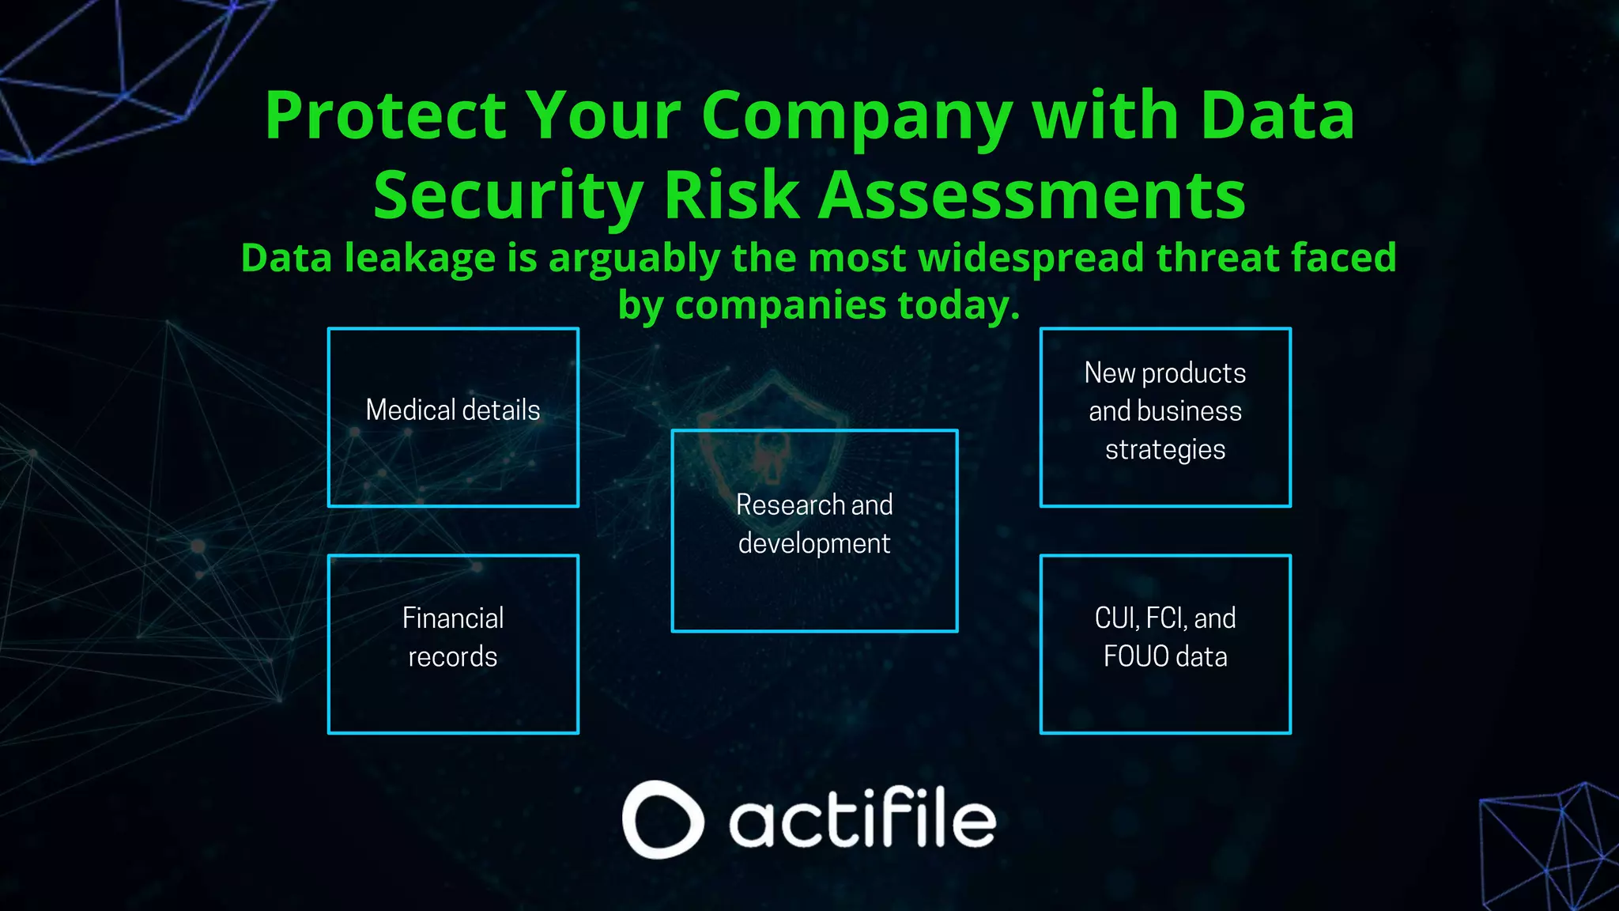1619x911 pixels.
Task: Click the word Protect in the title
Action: point(385,115)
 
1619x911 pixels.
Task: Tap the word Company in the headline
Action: point(856,117)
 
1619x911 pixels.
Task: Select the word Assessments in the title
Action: point(1032,195)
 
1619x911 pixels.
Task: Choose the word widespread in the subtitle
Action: point(1031,259)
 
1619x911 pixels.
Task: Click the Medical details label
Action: point(453,410)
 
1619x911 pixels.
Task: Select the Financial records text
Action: point(453,637)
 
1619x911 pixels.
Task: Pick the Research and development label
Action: point(814,524)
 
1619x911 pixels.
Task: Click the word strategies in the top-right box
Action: point(1165,450)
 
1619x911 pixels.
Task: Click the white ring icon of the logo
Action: point(662,819)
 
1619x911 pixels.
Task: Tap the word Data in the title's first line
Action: point(1277,115)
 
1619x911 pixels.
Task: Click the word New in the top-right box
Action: point(1109,372)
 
